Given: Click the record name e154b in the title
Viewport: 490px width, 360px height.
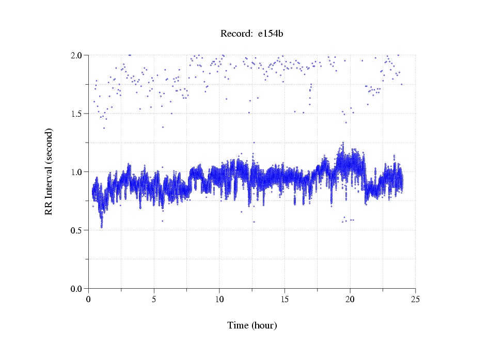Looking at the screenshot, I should [271, 34].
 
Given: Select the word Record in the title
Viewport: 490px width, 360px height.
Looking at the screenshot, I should [236, 34].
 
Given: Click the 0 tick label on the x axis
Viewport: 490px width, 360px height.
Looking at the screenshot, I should [89, 299].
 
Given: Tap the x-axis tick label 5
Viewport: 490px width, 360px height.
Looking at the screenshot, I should [154, 299].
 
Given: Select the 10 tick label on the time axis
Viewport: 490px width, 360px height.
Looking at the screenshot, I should [219, 299].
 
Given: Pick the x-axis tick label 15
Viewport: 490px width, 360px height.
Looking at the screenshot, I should [284, 299].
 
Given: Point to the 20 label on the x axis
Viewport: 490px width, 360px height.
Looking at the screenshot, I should [350, 299].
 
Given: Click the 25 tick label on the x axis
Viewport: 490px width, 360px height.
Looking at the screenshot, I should [415, 299].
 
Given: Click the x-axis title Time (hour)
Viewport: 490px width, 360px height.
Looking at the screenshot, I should [252, 325].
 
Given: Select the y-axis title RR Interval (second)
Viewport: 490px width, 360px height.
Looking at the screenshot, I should [49, 171].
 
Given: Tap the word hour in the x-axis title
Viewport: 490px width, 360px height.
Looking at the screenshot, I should [264, 325].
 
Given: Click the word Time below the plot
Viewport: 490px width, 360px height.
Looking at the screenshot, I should [238, 325].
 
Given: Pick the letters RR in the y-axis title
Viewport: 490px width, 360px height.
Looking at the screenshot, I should [49, 208].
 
